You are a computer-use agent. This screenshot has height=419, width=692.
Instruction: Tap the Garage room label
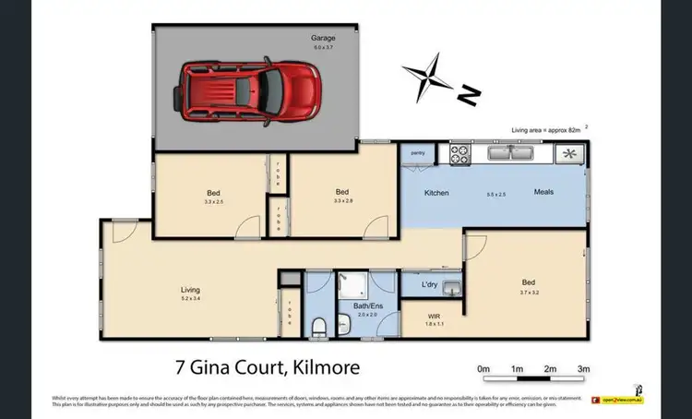click(322, 39)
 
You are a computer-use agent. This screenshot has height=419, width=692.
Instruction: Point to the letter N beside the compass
click(468, 92)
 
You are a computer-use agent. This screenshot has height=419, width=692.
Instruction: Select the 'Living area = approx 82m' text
click(547, 131)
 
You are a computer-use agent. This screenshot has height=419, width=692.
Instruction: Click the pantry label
click(417, 153)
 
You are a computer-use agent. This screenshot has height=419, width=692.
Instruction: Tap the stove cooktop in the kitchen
click(461, 154)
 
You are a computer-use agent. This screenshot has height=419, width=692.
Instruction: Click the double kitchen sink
click(512, 153)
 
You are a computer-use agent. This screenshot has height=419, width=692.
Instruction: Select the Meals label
click(543, 193)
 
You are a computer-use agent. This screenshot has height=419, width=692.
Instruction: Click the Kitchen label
click(435, 193)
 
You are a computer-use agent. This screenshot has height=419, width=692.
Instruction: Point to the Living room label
click(189, 290)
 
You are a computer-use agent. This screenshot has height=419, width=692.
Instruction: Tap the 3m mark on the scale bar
click(583, 368)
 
